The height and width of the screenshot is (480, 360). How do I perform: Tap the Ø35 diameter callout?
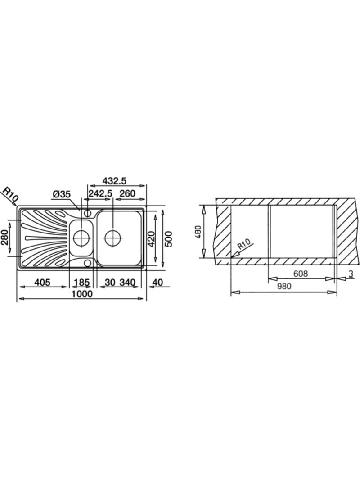point(62,194)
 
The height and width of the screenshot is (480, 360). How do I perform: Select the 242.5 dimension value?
point(100,193)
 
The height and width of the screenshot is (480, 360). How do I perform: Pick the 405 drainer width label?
point(42,282)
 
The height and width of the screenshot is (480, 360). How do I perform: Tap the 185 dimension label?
point(81,282)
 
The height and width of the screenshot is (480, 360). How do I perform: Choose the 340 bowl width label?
point(127,282)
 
